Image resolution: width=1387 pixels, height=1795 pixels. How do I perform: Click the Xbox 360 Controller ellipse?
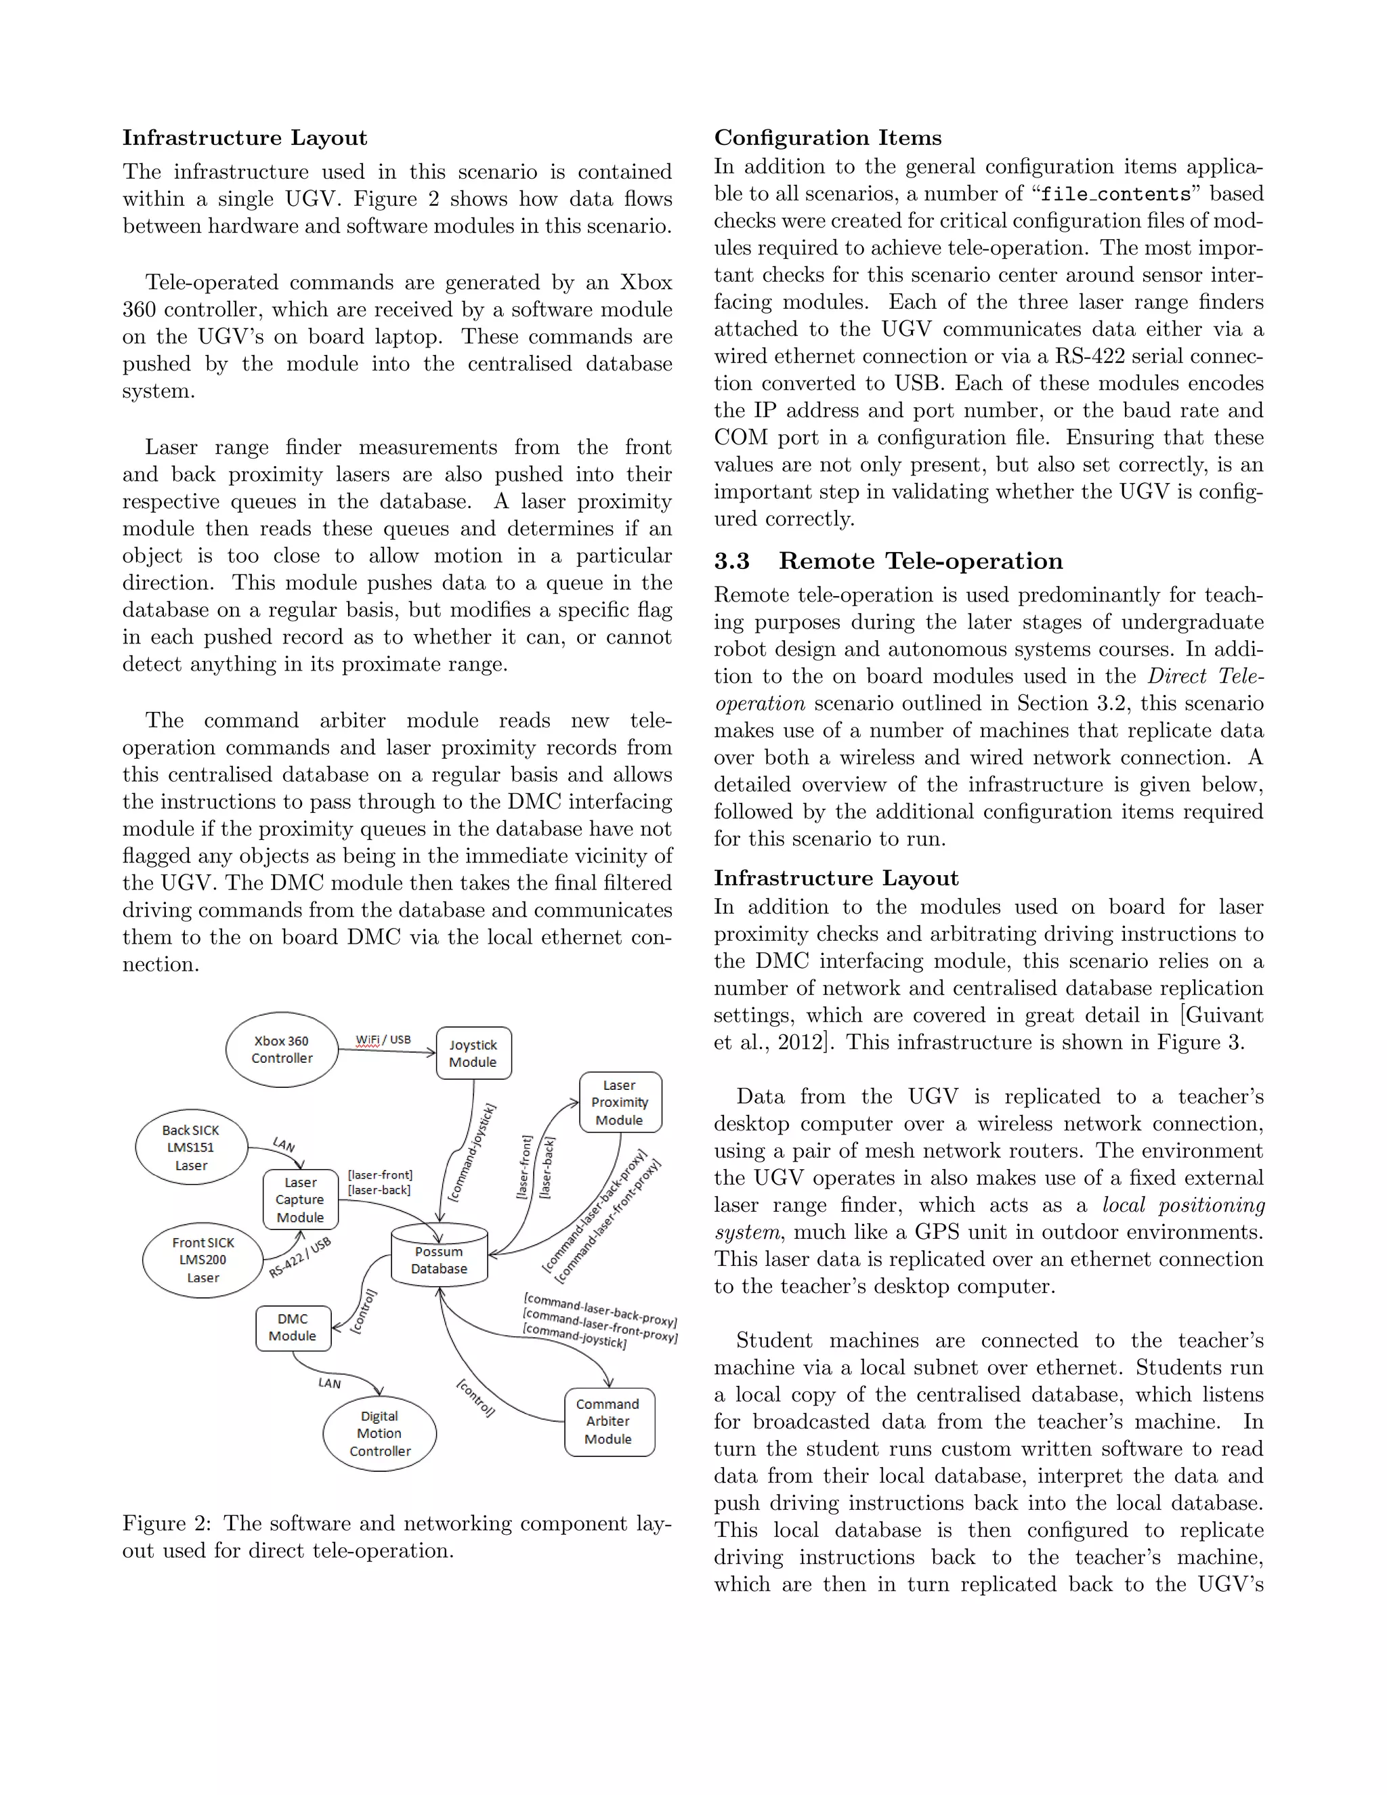[282, 1049]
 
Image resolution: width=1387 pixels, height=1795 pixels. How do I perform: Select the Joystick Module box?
[473, 1053]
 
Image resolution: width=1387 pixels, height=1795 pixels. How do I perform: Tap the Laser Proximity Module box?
[620, 1102]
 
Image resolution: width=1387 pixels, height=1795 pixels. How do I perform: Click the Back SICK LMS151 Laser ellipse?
[190, 1147]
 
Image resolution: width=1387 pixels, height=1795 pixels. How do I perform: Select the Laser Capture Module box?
[300, 1199]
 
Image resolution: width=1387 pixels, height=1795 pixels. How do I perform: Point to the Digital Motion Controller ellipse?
[380, 1433]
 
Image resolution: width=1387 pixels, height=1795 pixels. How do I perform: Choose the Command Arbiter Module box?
[609, 1421]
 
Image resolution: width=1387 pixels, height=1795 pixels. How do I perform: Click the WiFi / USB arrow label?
[383, 1040]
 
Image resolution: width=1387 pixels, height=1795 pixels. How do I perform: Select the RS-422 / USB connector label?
[300, 1257]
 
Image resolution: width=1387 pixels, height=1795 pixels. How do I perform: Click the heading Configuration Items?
[828, 138]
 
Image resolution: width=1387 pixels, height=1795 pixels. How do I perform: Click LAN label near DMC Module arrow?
[330, 1383]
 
